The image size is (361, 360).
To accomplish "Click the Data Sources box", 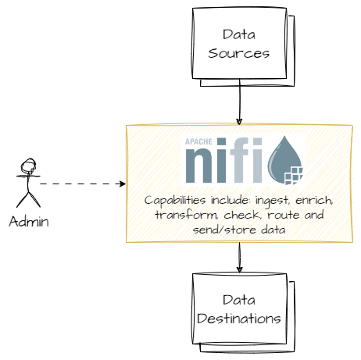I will [239, 44].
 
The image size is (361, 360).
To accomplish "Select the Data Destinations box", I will [239, 309].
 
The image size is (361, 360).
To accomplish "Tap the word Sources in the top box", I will [239, 54].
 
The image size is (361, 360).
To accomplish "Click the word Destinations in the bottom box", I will [239, 319].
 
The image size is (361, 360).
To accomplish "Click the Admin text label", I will [29, 221].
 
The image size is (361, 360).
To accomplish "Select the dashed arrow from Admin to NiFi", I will [82, 184].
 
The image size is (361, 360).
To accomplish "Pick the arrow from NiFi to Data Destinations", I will [239, 257].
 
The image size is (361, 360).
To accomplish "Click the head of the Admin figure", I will [29, 166].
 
